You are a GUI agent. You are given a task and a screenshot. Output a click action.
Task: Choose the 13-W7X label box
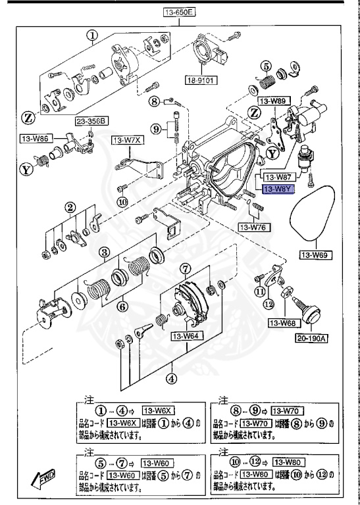click(x=127, y=140)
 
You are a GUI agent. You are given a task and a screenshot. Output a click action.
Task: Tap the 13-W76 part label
click(x=253, y=227)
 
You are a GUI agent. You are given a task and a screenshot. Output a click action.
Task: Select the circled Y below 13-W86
click(x=27, y=169)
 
